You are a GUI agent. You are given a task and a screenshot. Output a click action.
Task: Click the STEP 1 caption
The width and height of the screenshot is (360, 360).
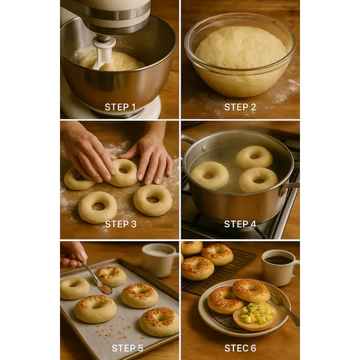pyautogui.click(x=120, y=107)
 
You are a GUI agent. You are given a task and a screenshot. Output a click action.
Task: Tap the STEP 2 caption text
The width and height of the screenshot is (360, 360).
pyautogui.click(x=240, y=107)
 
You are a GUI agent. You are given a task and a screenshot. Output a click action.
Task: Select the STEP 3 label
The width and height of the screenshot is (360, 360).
pyautogui.click(x=121, y=224)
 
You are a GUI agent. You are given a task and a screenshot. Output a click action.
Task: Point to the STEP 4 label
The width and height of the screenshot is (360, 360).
pyautogui.click(x=240, y=224)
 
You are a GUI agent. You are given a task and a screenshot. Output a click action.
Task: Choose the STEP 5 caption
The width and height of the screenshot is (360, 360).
pyautogui.click(x=127, y=348)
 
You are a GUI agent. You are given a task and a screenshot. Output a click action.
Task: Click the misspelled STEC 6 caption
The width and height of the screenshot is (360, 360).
pyautogui.click(x=240, y=348)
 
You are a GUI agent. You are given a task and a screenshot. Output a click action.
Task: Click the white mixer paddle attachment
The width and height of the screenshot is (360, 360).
pyautogui.click(x=103, y=53)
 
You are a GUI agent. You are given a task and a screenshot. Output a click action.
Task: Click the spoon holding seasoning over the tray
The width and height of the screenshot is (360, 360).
pyautogui.click(x=98, y=280)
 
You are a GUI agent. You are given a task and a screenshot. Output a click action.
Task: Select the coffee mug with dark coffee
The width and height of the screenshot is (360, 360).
pyautogui.click(x=280, y=267)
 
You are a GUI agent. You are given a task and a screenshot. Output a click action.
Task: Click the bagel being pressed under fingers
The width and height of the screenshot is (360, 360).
pyautogui.click(x=124, y=172)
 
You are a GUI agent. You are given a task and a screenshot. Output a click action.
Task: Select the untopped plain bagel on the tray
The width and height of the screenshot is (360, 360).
pyautogui.click(x=74, y=289)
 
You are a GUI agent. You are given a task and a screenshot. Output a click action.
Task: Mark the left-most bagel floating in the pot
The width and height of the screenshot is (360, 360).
pyautogui.click(x=209, y=175)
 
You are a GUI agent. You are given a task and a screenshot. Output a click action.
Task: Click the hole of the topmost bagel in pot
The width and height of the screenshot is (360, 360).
pyautogui.click(x=254, y=157)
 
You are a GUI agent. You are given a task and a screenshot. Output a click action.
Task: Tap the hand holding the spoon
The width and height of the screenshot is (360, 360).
pyautogui.click(x=73, y=255)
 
